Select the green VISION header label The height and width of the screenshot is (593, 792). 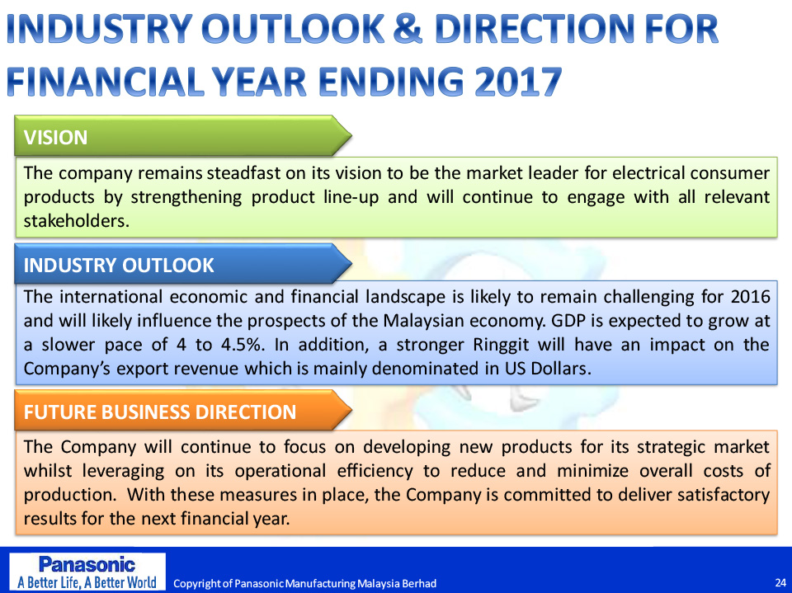(55, 138)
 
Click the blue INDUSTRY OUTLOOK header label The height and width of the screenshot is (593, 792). (119, 266)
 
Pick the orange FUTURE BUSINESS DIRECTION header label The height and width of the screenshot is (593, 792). (159, 412)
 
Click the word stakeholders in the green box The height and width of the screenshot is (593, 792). (76, 221)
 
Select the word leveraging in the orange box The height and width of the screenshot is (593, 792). (123, 471)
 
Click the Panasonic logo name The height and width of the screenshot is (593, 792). (87, 563)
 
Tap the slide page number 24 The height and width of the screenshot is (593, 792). (780, 583)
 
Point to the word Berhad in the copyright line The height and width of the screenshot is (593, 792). (419, 584)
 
